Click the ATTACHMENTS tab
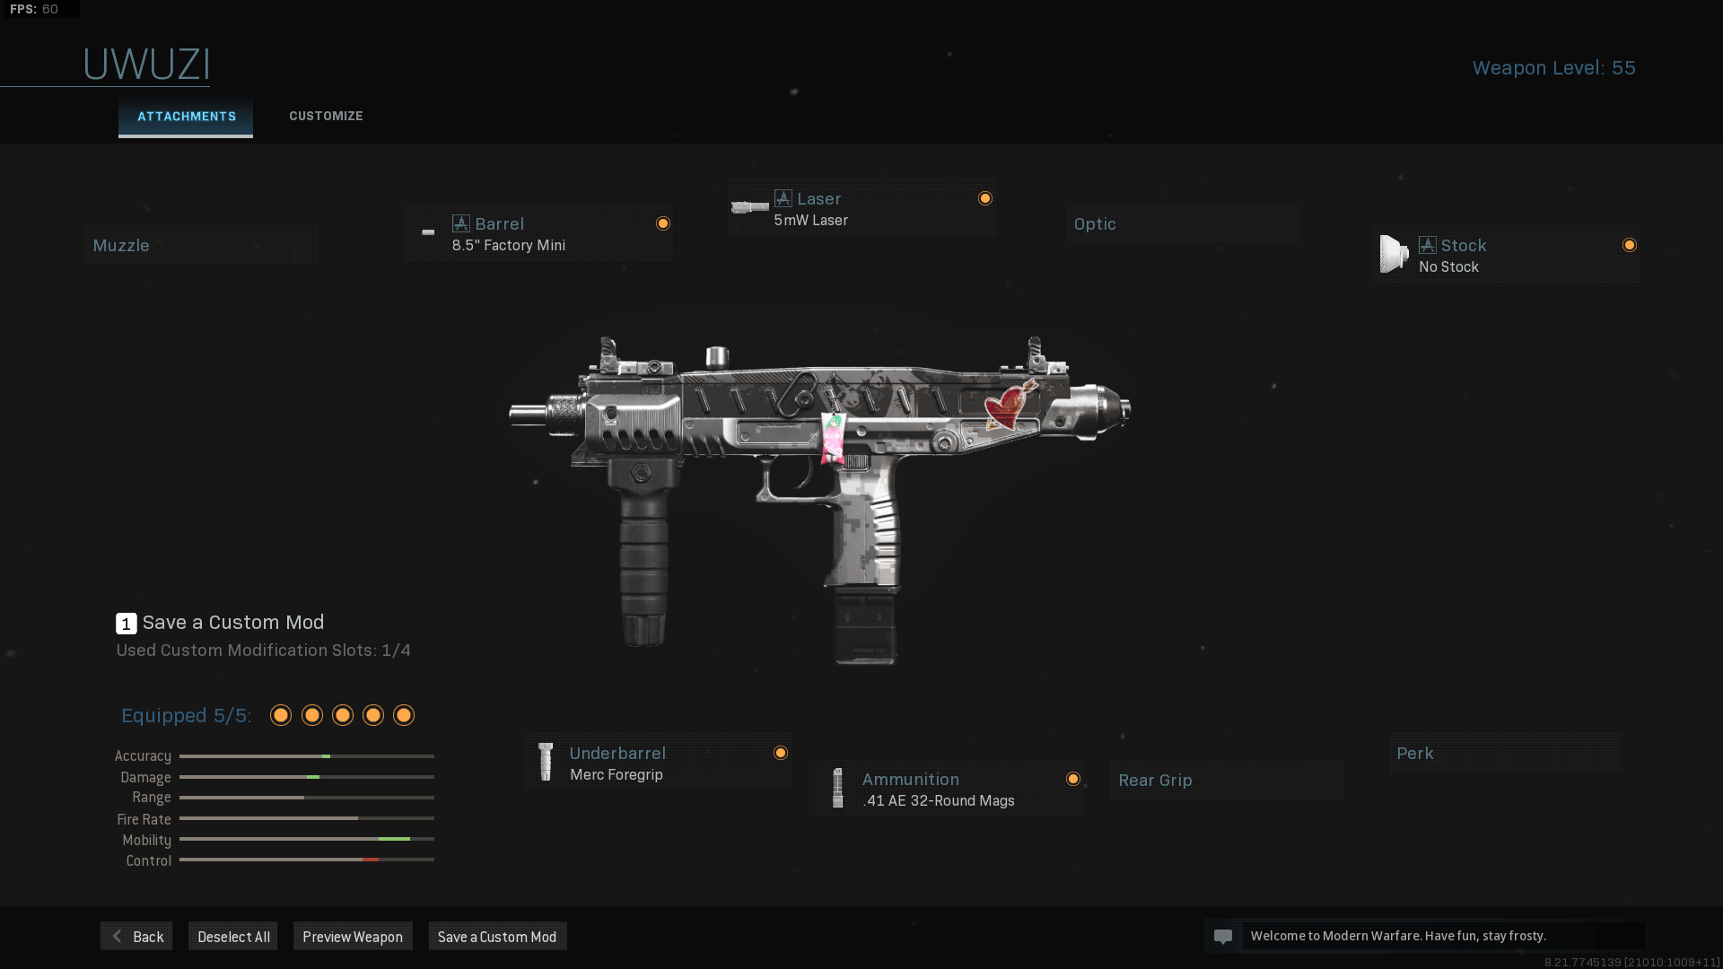click(x=186, y=117)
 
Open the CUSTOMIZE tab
click(x=326, y=116)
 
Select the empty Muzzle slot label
click(x=121, y=246)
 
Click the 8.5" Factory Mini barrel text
click(x=508, y=246)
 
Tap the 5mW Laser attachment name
click(x=810, y=221)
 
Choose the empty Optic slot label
click(x=1095, y=224)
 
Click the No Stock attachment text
click(x=1448, y=267)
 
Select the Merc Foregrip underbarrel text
click(x=616, y=775)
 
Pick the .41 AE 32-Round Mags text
click(x=938, y=801)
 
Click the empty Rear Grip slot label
click(x=1155, y=781)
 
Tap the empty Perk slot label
click(x=1414, y=754)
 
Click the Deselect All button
click(x=233, y=937)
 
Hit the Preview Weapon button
click(x=353, y=937)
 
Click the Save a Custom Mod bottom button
click(x=497, y=937)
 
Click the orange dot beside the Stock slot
click(x=1629, y=246)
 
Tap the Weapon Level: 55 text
click(x=1553, y=68)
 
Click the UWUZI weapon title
click(x=146, y=65)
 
